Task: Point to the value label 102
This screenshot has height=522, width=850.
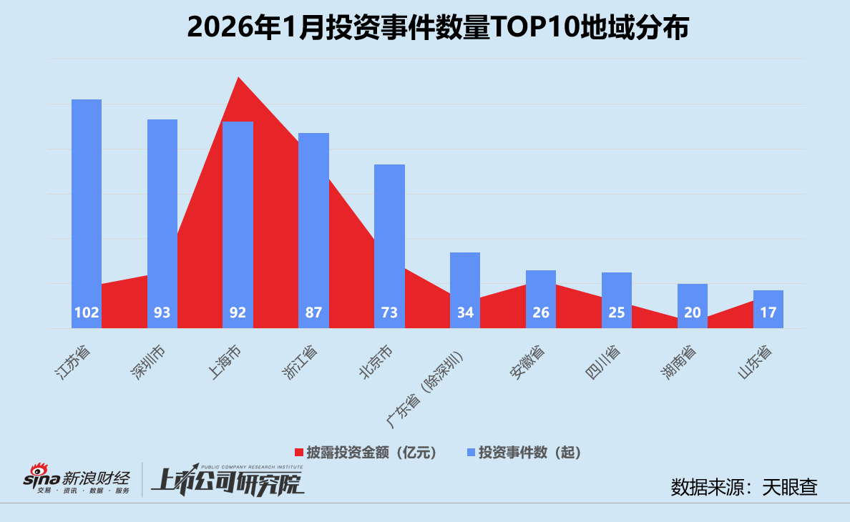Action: (x=87, y=312)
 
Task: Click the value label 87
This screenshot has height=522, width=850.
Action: (x=313, y=312)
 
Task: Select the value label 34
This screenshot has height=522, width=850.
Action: (x=465, y=312)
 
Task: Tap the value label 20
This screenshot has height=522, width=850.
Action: (x=692, y=312)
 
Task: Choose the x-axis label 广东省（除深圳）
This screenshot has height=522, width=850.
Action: (x=433, y=383)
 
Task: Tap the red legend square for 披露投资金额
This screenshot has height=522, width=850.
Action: (x=300, y=453)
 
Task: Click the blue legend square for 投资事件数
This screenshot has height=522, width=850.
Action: (x=471, y=453)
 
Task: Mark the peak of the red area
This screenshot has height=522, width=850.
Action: (x=238, y=78)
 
